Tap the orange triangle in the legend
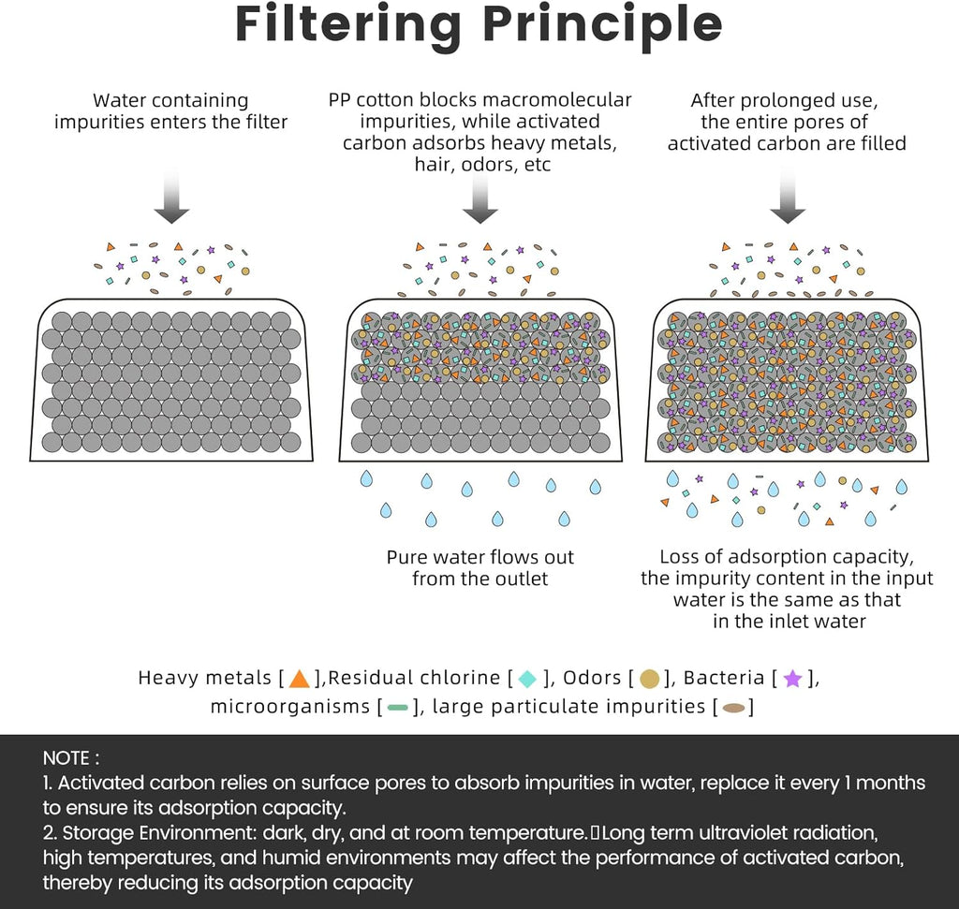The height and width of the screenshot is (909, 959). tap(300, 679)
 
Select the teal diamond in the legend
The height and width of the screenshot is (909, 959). tap(528, 679)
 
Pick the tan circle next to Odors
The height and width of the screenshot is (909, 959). tap(650, 679)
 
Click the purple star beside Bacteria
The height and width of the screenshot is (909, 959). tap(792, 679)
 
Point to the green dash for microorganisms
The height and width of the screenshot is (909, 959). tap(397, 708)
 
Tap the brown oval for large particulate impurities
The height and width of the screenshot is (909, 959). tap(734, 708)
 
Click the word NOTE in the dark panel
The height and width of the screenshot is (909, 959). tap(67, 757)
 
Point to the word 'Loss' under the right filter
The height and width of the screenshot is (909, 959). tap(680, 557)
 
